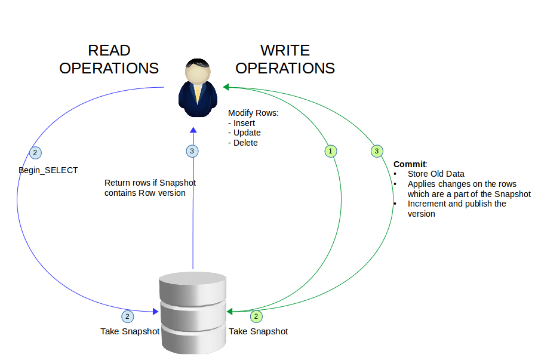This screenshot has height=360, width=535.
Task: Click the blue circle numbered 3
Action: [192, 151]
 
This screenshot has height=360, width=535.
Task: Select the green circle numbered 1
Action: [331, 151]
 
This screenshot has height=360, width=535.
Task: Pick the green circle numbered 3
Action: [377, 151]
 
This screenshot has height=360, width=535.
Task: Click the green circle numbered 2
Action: [256, 316]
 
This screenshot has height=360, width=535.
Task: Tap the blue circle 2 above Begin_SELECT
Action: [35, 153]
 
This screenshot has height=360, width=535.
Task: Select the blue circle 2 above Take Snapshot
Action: [127, 316]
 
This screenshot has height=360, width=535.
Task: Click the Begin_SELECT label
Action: [48, 170]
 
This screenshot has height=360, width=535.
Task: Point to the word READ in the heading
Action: [109, 50]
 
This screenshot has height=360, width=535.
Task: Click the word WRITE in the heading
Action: [285, 50]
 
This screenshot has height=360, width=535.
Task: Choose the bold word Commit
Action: [410, 164]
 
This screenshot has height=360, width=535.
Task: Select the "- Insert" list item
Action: [242, 123]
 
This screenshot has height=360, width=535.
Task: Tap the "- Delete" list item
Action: [243, 142]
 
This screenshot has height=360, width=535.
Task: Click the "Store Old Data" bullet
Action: [436, 174]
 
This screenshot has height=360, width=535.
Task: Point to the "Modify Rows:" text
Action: [254, 113]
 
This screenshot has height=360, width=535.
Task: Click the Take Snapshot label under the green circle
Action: [259, 331]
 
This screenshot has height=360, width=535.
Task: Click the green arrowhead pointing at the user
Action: [226, 87]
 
